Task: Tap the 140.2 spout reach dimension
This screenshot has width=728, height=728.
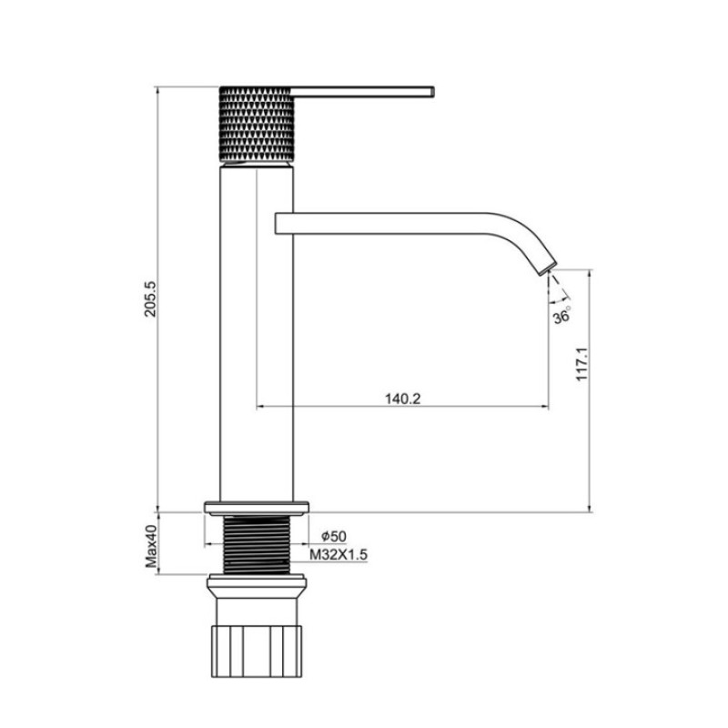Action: click(401, 398)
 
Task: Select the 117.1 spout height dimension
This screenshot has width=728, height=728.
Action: click(583, 364)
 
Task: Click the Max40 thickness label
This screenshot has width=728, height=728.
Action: click(152, 544)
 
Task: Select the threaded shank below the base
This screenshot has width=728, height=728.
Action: click(257, 543)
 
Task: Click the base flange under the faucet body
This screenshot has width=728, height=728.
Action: click(257, 506)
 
